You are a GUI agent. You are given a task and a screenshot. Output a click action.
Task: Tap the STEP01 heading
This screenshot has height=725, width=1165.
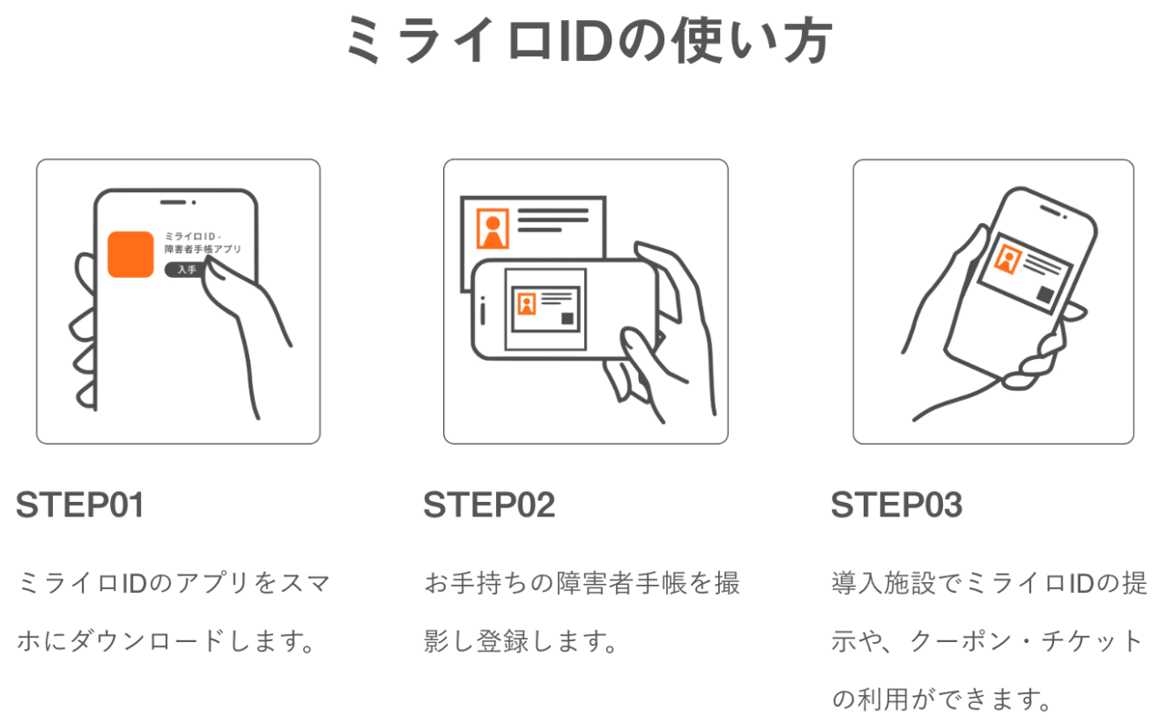point(80,505)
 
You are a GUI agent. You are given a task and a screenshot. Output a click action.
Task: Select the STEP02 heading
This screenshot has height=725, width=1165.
point(489,505)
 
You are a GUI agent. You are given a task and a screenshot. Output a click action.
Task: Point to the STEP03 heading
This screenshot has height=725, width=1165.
point(897,505)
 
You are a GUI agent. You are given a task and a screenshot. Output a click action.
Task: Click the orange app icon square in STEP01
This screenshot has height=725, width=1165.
point(130,254)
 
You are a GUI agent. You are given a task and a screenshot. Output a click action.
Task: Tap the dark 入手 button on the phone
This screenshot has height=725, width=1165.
point(186,270)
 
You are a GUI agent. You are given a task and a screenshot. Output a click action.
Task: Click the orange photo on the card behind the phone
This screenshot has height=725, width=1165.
point(493,228)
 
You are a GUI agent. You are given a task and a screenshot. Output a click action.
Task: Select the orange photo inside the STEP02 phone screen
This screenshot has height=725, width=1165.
point(527,303)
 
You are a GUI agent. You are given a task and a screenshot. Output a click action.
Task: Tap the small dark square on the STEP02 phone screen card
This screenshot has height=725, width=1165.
point(568,318)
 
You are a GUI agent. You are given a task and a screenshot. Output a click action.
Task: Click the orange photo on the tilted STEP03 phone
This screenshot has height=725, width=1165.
point(1008,260)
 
